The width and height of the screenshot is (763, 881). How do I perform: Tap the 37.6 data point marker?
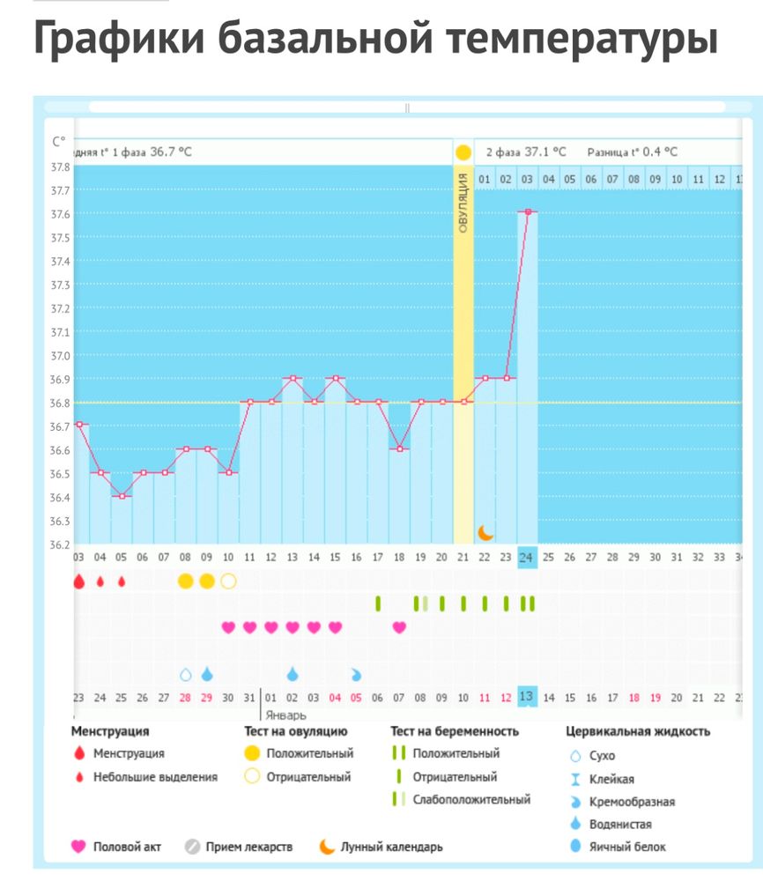(528, 211)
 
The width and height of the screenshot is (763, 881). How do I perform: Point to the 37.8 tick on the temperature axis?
(61, 167)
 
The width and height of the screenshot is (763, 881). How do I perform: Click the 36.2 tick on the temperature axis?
(61, 544)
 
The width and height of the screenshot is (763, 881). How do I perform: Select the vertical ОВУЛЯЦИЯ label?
(463, 204)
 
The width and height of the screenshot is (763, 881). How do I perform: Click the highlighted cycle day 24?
(527, 557)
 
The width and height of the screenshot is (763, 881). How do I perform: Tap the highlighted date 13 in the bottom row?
(527, 697)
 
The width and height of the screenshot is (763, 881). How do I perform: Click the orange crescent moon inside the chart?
(485, 532)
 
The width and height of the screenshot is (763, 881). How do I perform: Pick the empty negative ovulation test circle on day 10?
(228, 581)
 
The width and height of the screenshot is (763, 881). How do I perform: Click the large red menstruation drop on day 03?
(78, 581)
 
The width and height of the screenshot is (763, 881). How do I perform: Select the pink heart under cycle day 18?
(399, 627)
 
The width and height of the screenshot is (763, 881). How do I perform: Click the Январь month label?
(286, 715)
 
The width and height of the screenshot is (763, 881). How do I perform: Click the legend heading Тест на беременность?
(455, 731)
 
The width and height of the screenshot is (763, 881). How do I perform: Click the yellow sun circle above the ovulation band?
(463, 152)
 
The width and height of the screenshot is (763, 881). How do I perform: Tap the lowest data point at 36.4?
(122, 496)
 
